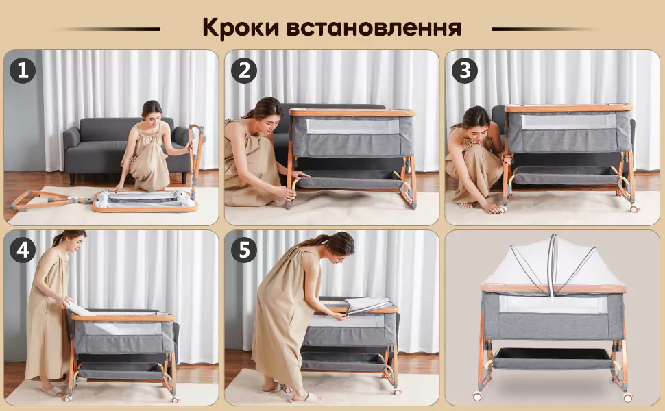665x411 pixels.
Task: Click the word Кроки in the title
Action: (239, 28)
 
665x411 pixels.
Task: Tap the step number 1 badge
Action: (22, 71)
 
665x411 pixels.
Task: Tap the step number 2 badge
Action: (243, 71)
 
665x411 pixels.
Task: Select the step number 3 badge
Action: (465, 71)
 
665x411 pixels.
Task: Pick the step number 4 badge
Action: (22, 251)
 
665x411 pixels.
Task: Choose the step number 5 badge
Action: (243, 251)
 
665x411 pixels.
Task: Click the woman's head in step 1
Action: (152, 110)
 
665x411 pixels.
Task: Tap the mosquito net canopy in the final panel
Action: (553, 264)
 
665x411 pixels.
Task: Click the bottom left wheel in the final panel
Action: (477, 397)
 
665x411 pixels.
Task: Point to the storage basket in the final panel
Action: (553, 358)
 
